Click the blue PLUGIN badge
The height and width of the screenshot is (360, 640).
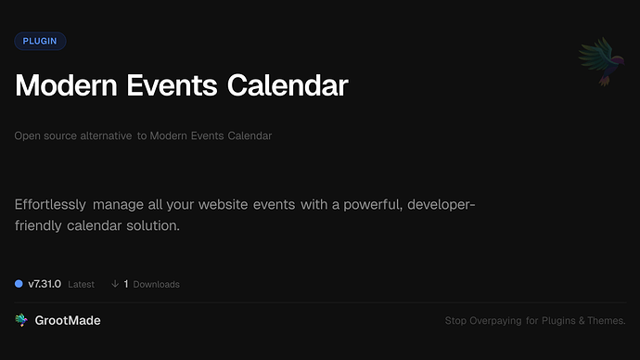click(x=40, y=41)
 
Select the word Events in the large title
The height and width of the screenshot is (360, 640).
click(x=174, y=85)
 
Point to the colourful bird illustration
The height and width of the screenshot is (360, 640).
click(x=597, y=62)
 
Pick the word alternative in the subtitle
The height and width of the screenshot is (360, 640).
click(x=103, y=136)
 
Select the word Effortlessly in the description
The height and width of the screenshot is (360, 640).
click(x=51, y=204)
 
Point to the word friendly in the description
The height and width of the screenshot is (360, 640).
click(x=37, y=225)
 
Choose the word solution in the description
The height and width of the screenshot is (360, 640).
click(x=151, y=225)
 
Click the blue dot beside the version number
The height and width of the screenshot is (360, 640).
click(x=19, y=284)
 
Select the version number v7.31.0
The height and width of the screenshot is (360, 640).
click(x=45, y=284)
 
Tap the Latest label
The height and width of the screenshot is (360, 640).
click(x=82, y=284)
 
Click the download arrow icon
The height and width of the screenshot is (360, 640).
click(x=115, y=284)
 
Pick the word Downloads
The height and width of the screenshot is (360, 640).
click(x=157, y=284)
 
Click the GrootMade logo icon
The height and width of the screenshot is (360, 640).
click(x=21, y=320)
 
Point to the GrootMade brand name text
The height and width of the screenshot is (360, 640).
click(x=68, y=320)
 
